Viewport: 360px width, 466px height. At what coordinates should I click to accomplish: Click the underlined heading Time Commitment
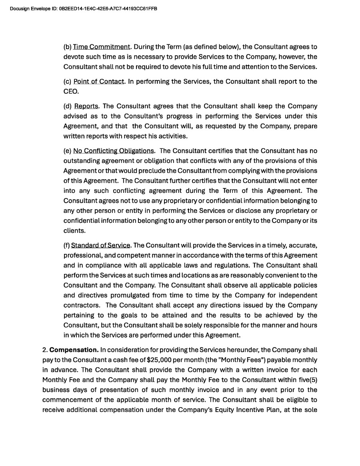[x=102, y=47]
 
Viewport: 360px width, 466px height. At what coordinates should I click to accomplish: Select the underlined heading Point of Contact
[x=99, y=82]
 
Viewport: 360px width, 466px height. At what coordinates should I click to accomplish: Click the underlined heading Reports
[x=86, y=106]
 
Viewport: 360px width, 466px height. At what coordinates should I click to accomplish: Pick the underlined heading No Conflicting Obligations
[x=114, y=151]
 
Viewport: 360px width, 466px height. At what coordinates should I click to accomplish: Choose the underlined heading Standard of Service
[x=100, y=245]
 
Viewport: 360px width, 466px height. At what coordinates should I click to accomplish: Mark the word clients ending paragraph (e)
[x=74, y=231]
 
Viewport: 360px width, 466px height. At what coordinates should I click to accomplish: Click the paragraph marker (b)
[x=67, y=47]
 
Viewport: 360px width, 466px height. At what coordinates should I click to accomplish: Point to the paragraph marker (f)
[x=66, y=245]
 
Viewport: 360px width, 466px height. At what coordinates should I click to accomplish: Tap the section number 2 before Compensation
[x=44, y=350]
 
